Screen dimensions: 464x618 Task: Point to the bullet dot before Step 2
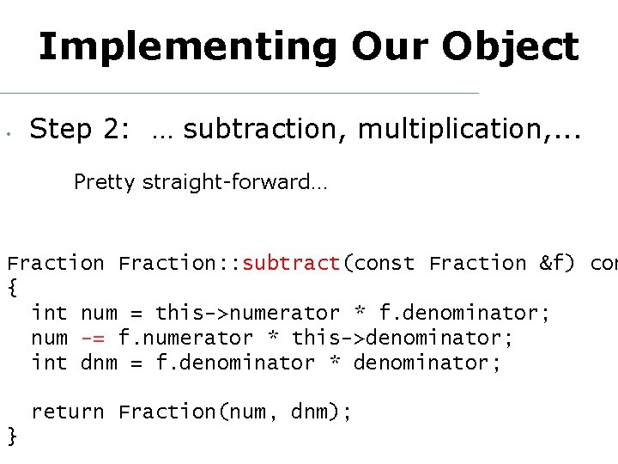tap(7, 134)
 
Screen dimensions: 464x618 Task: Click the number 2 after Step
tap(112, 130)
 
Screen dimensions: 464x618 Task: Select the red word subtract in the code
tap(292, 264)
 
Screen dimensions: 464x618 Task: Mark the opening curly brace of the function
tap(12, 289)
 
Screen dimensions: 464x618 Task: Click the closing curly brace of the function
tap(12, 437)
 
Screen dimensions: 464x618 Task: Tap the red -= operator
tap(93, 339)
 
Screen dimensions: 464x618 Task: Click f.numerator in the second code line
tap(185, 339)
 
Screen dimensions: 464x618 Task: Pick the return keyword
tap(68, 412)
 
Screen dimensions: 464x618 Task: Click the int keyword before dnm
tap(49, 363)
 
